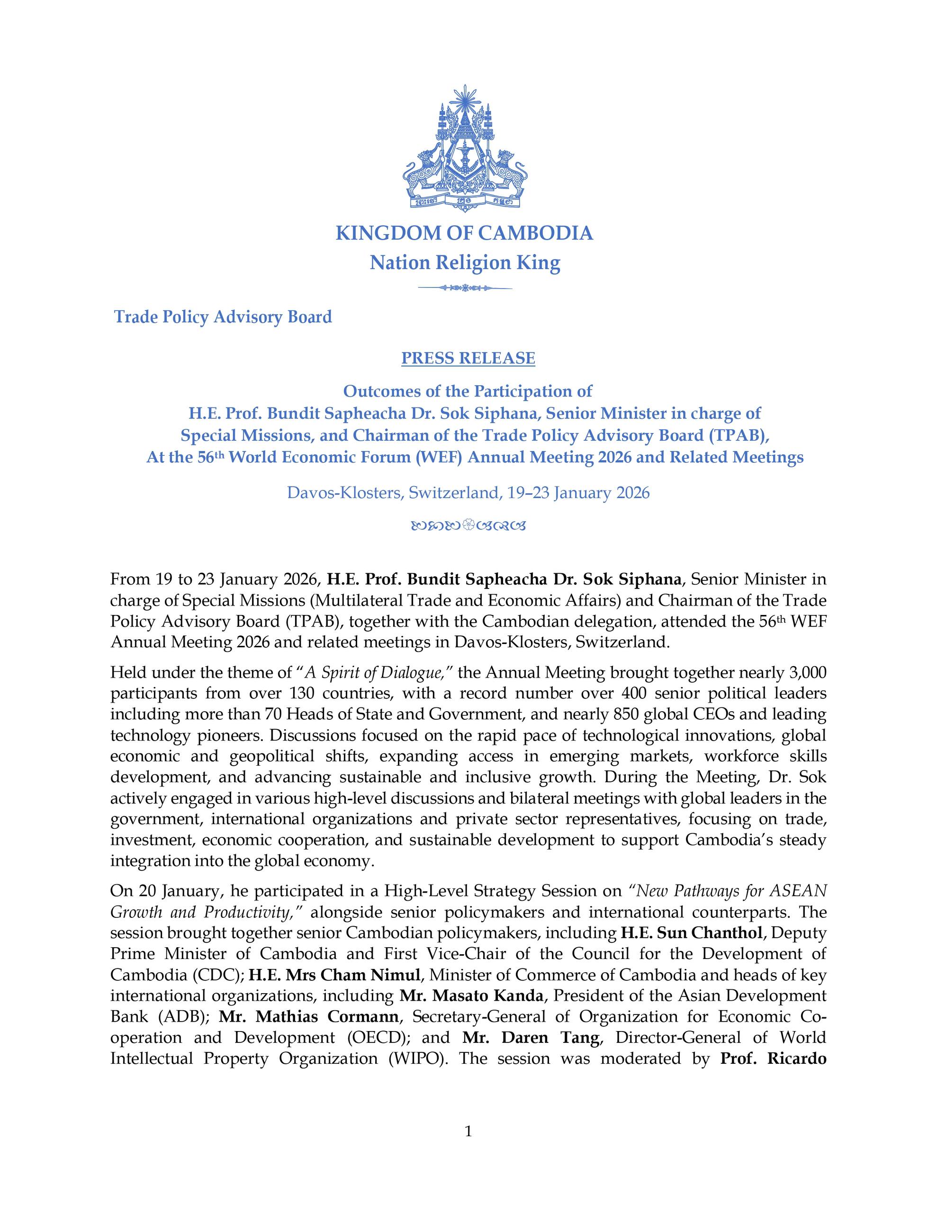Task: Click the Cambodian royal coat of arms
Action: pyautogui.click(x=465, y=147)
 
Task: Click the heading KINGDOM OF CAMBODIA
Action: pyautogui.click(x=464, y=233)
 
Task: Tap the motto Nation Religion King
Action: pyautogui.click(x=465, y=263)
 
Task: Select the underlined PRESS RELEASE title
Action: pyautogui.click(x=468, y=358)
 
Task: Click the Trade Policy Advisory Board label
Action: pyautogui.click(x=223, y=317)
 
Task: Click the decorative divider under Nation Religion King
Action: pyautogui.click(x=465, y=288)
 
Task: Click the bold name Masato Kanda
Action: pyautogui.click(x=471, y=996)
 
